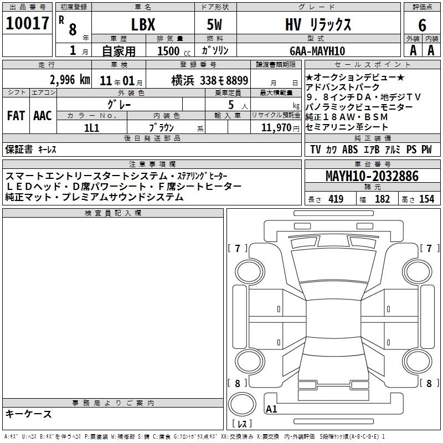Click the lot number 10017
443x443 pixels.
tap(27, 23)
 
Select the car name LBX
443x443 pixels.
tap(143, 24)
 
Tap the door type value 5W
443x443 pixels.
tap(214, 24)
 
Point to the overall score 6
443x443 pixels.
tap(422, 25)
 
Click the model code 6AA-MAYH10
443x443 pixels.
tap(317, 51)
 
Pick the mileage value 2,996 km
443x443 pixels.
tap(70, 80)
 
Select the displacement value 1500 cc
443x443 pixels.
tap(174, 51)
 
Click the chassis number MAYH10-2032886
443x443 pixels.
tap(372, 176)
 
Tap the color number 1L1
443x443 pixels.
tap(91, 128)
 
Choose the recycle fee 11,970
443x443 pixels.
tap(276, 128)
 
